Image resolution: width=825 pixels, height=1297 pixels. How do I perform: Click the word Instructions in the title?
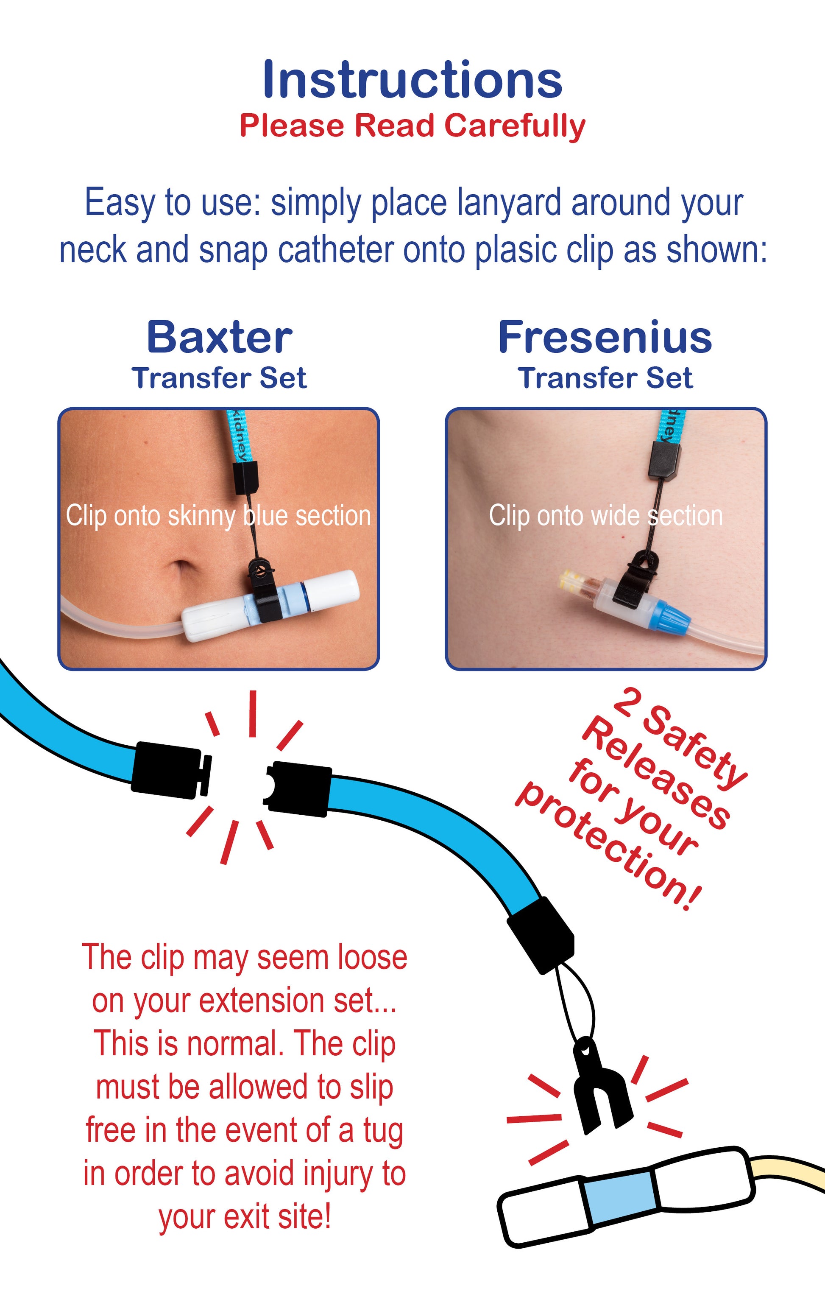click(x=412, y=80)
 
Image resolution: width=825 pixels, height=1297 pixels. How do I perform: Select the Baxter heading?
click(x=219, y=338)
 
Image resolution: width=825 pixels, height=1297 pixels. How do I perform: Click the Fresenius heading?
click(x=605, y=338)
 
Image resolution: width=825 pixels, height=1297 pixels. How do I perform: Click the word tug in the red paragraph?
click(x=383, y=1131)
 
